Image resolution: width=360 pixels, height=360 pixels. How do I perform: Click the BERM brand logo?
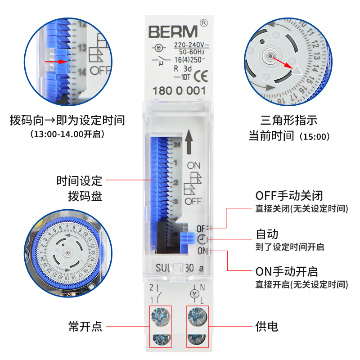pyautogui.click(x=173, y=32)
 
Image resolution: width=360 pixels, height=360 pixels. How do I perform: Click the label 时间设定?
pyautogui.click(x=79, y=181)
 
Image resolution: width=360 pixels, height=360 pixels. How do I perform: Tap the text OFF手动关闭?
pyautogui.click(x=289, y=196)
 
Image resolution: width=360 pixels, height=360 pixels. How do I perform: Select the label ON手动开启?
pyautogui.click(x=287, y=272)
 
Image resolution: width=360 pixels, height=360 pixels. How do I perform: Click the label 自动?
pyautogui.click(x=267, y=234)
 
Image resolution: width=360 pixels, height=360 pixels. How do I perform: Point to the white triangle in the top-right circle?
pyautogui.click(x=298, y=70)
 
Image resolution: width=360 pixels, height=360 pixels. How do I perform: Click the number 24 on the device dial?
pyautogui.click(x=176, y=145)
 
